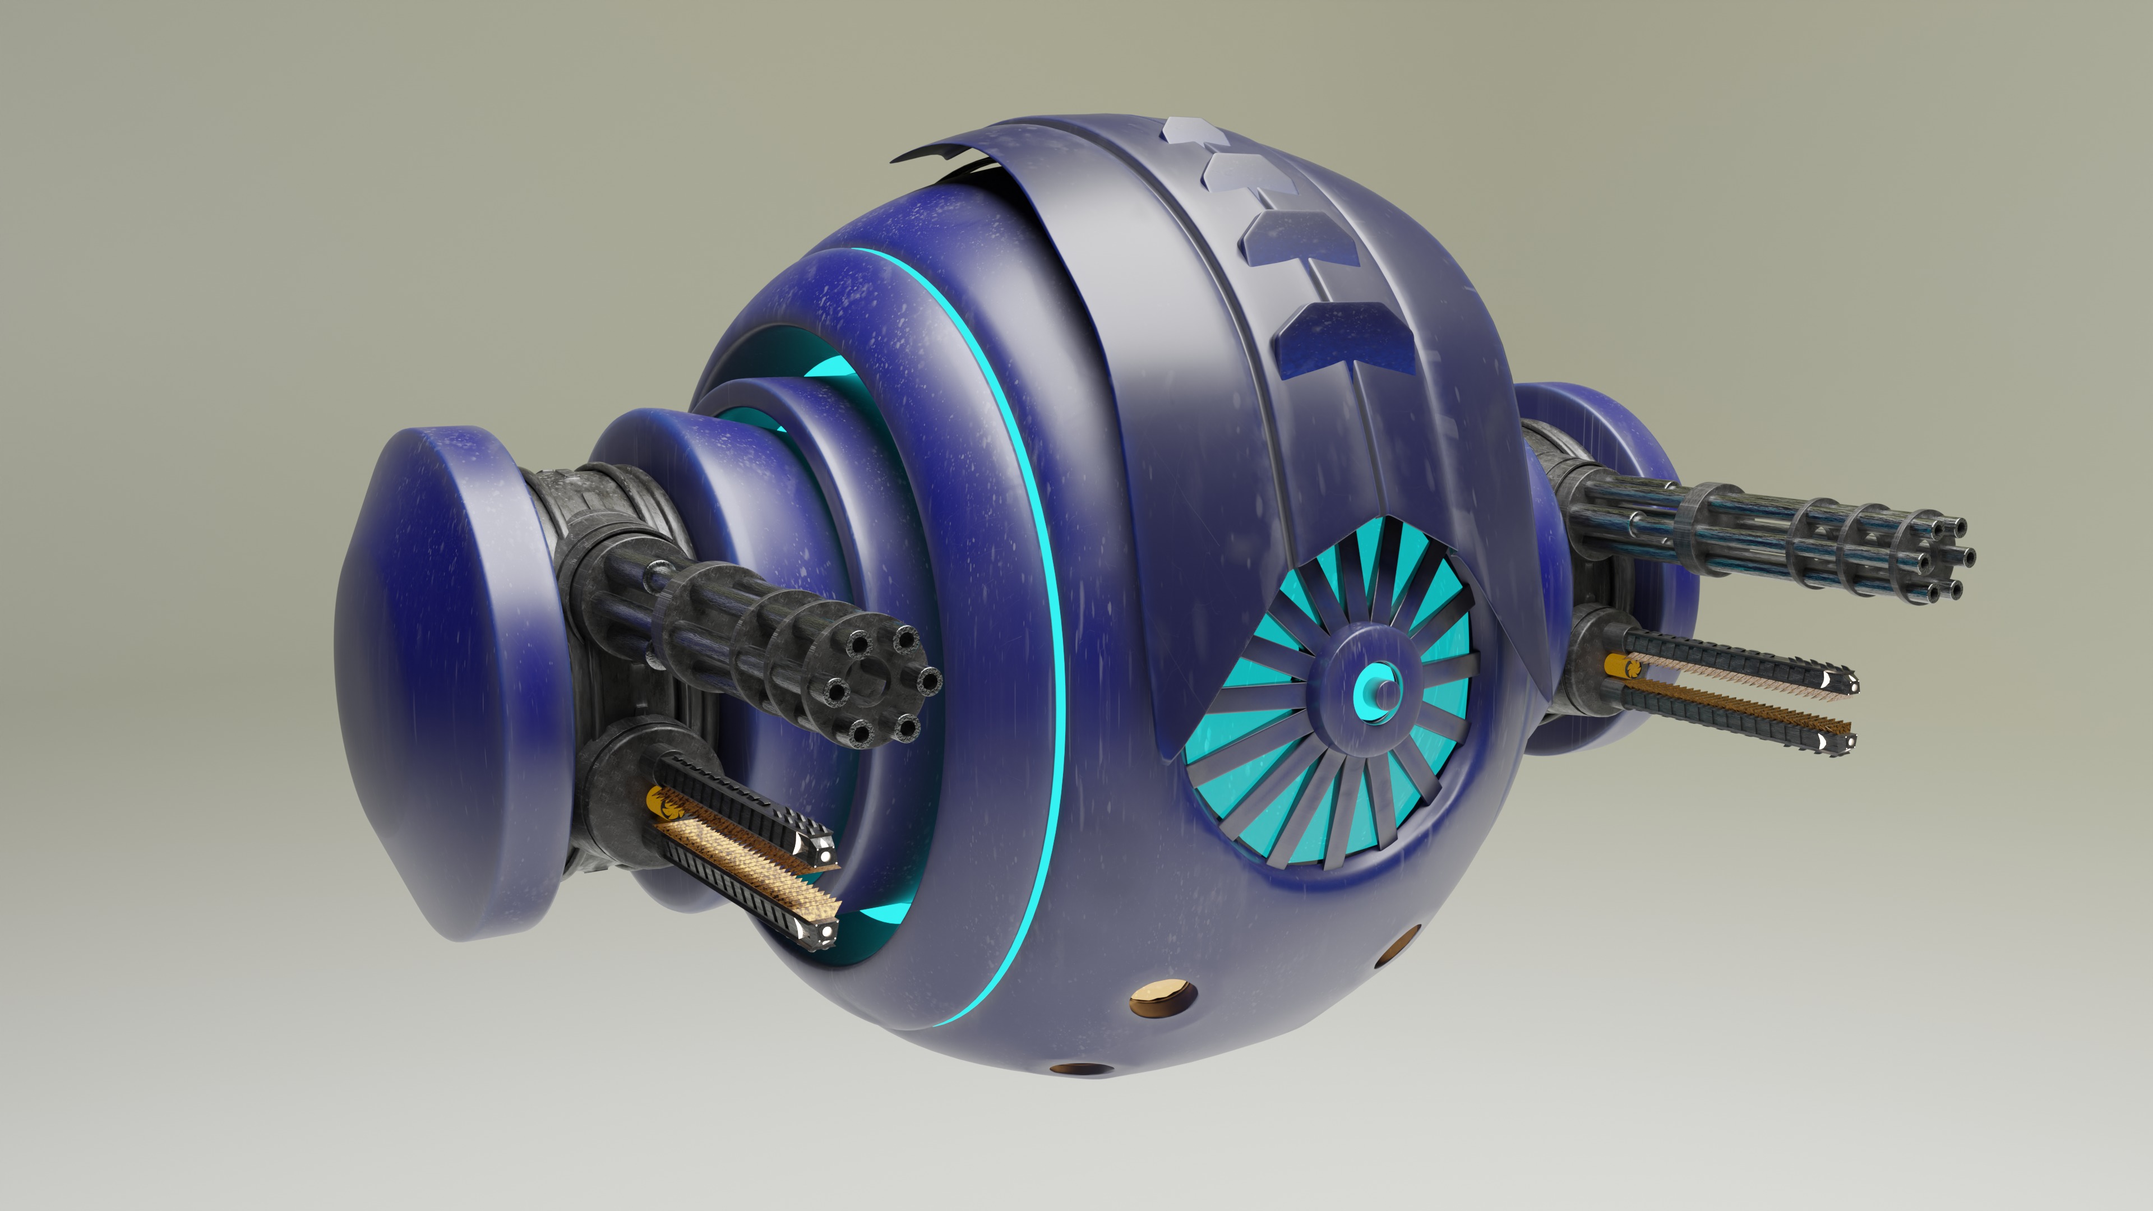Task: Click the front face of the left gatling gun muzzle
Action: pos(877,685)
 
